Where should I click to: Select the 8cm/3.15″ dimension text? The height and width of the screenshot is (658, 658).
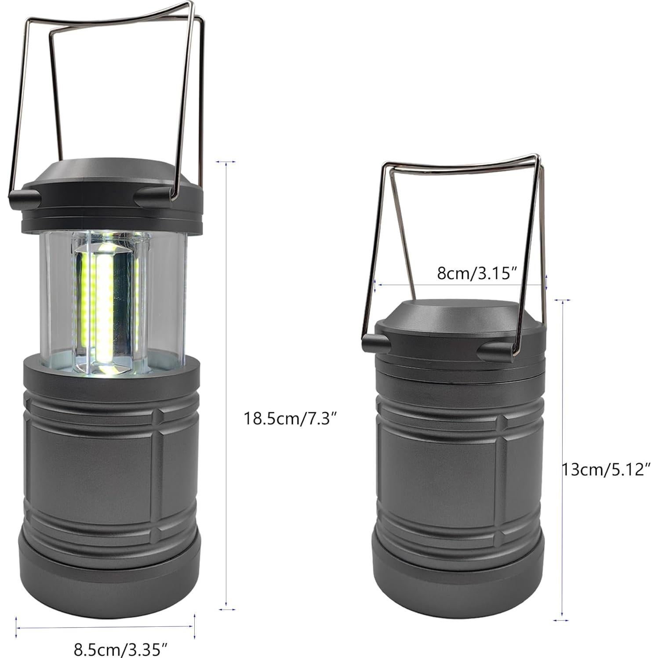[x=476, y=273]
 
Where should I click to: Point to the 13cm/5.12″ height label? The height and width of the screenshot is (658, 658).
[x=606, y=469]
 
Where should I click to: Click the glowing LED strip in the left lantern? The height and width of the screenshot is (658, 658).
[x=105, y=303]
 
